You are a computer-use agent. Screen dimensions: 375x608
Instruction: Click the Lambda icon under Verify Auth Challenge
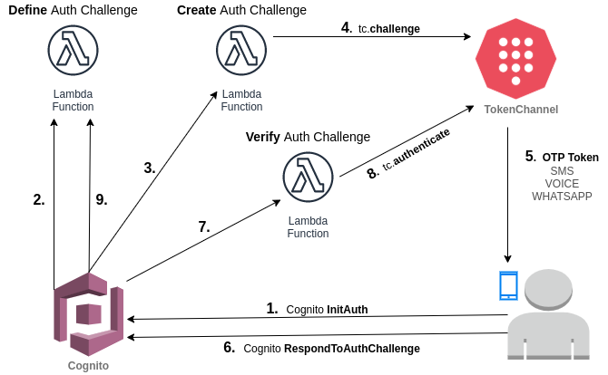click(x=308, y=177)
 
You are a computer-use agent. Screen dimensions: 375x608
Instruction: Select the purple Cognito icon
click(x=88, y=313)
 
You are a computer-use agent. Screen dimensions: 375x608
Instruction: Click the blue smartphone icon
click(x=508, y=286)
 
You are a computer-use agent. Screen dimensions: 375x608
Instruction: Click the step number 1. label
click(x=272, y=309)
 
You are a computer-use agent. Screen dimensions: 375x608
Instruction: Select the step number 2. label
click(x=39, y=199)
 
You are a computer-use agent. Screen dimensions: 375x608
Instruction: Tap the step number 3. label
click(x=150, y=168)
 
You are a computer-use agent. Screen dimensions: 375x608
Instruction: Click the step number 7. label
click(x=204, y=226)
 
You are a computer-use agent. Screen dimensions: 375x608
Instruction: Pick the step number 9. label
click(x=102, y=199)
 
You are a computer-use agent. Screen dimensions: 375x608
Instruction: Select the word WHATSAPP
click(x=562, y=197)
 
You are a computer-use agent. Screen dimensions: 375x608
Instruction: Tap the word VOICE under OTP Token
click(x=562, y=184)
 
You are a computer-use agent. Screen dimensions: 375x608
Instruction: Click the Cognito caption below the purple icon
click(x=88, y=366)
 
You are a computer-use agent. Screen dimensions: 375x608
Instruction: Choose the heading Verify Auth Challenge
click(x=308, y=137)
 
